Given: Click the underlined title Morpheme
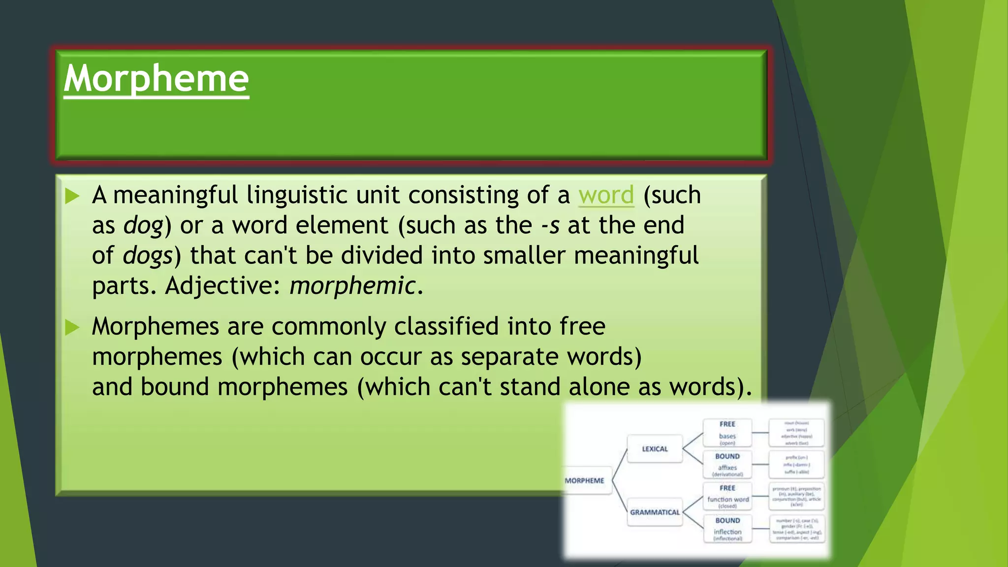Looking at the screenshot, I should click(156, 79).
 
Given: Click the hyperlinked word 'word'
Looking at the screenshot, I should click(606, 195).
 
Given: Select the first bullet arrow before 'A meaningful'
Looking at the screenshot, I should click(72, 196).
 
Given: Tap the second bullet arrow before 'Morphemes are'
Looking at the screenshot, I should click(72, 327).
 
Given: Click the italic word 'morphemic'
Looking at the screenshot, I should click(352, 286).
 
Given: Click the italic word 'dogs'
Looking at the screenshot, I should click(147, 256).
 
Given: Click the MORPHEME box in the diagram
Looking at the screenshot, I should click(585, 481).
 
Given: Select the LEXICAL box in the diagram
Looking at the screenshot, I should click(655, 449).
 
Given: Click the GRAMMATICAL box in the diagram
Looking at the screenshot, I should click(655, 512).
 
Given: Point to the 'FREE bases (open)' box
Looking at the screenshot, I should click(727, 433).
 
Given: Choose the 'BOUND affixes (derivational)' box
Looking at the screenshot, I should click(727, 465).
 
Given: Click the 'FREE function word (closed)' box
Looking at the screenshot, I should click(727, 497).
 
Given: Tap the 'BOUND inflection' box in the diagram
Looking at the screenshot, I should click(727, 529).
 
